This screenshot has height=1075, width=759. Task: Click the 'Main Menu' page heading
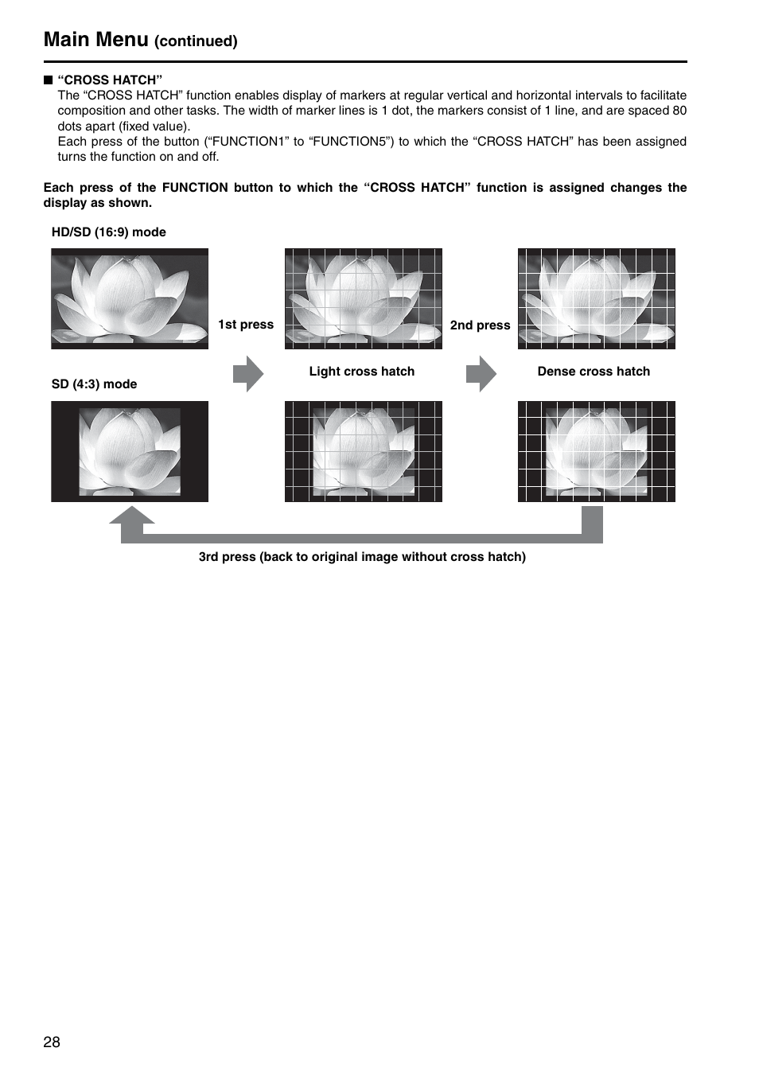click(95, 39)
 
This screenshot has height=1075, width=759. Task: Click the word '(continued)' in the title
click(196, 41)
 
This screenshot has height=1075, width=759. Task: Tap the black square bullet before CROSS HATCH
click(48, 80)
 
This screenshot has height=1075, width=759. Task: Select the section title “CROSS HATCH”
click(110, 80)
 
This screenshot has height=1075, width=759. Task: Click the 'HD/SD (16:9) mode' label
click(108, 232)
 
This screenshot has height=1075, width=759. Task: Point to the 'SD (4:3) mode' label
click(94, 384)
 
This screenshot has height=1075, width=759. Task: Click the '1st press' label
click(246, 325)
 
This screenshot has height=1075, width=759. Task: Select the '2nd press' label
click(480, 325)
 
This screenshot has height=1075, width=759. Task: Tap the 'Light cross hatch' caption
click(362, 372)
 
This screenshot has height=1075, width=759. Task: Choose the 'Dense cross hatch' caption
click(594, 372)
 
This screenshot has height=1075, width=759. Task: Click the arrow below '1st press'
click(248, 374)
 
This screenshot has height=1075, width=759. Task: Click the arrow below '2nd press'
click(481, 374)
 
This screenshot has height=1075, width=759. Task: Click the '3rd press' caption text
click(362, 557)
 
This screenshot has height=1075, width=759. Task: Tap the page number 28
click(52, 1042)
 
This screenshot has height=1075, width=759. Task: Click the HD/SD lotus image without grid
click(130, 298)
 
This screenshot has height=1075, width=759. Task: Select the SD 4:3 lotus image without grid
click(130, 451)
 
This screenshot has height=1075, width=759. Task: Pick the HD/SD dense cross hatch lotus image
click(597, 298)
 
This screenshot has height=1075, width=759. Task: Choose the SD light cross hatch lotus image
click(364, 451)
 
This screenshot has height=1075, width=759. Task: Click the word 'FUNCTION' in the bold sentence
click(195, 188)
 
